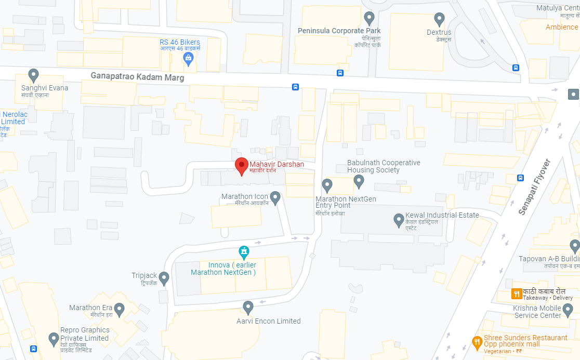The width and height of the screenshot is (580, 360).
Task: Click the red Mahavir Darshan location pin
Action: pyautogui.click(x=241, y=165)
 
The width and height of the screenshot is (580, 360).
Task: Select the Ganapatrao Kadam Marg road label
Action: pyautogui.click(x=137, y=76)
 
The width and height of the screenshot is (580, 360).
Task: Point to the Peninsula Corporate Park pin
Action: pyautogui.click(x=370, y=18)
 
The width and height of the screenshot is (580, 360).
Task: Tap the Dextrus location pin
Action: pyautogui.click(x=439, y=19)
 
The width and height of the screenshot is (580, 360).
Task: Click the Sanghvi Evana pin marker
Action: pyautogui.click(x=34, y=75)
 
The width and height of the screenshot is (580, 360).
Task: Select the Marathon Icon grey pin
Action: pyautogui.click(x=275, y=197)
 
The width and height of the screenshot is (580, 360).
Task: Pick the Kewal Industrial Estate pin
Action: pyautogui.click(x=399, y=219)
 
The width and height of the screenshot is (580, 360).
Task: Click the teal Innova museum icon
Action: pyautogui.click(x=243, y=252)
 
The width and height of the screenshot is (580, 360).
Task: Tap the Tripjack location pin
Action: pyautogui.click(x=164, y=278)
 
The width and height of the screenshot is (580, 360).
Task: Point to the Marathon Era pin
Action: pyautogui.click(x=120, y=310)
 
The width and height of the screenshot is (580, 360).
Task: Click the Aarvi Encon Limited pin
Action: pyautogui.click(x=248, y=307)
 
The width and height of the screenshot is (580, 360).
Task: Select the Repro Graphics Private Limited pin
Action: pyautogui.click(x=54, y=339)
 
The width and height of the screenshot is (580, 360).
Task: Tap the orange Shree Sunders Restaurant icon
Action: pyautogui.click(x=477, y=342)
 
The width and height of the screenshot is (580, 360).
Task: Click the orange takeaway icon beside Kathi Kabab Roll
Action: pyautogui.click(x=517, y=294)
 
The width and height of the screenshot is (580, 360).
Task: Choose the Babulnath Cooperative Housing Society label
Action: pyautogui.click(x=384, y=166)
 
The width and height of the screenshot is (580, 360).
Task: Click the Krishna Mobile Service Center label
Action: pyautogui.click(x=538, y=311)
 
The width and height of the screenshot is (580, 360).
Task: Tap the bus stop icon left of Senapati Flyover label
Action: pyautogui.click(x=520, y=178)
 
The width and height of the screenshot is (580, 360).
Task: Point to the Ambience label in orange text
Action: pyautogui.click(x=561, y=27)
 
